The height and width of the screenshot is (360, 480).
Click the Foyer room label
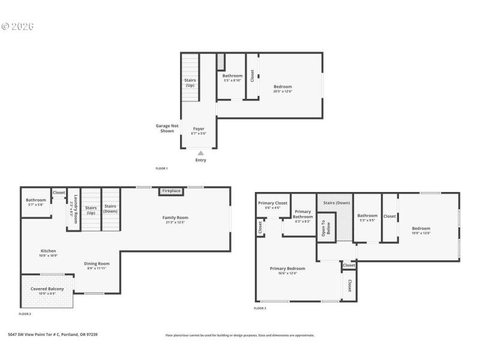point(199,129)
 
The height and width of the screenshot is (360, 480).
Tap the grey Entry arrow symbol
point(200,154)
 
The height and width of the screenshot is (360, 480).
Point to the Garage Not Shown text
point(167,128)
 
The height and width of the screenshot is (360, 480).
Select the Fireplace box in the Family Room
point(171,191)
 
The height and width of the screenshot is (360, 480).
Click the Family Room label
point(175,218)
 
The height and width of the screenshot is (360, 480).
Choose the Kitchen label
point(48,251)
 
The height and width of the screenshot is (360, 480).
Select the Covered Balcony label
point(47,289)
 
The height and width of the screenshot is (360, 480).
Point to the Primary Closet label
point(273,203)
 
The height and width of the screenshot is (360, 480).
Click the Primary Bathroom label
point(303,214)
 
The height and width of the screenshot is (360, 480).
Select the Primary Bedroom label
point(287,268)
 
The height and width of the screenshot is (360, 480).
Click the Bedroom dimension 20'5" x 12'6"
point(283,91)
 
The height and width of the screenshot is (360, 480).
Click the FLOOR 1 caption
point(161,169)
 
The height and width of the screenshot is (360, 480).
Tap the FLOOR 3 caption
point(260,308)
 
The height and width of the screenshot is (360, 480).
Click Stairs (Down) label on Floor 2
point(110,209)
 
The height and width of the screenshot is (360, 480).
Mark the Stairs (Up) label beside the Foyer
point(190,83)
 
